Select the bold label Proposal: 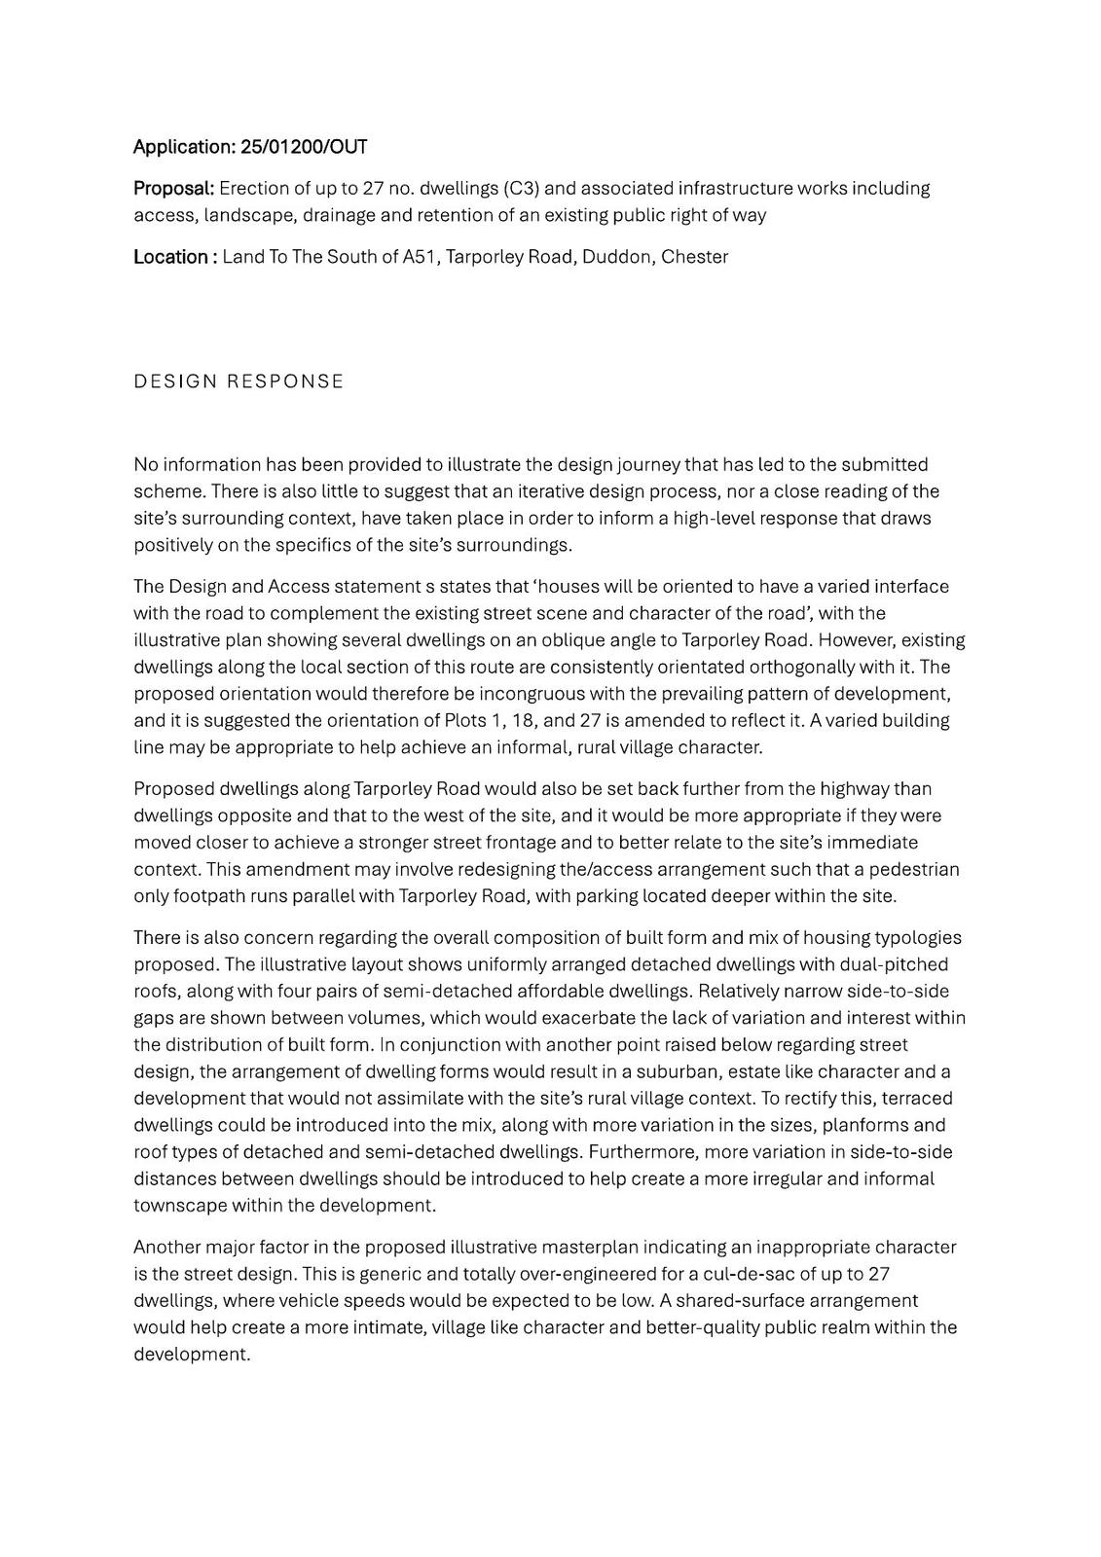173,188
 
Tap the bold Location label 170,257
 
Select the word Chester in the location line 694,257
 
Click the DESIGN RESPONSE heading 239,381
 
